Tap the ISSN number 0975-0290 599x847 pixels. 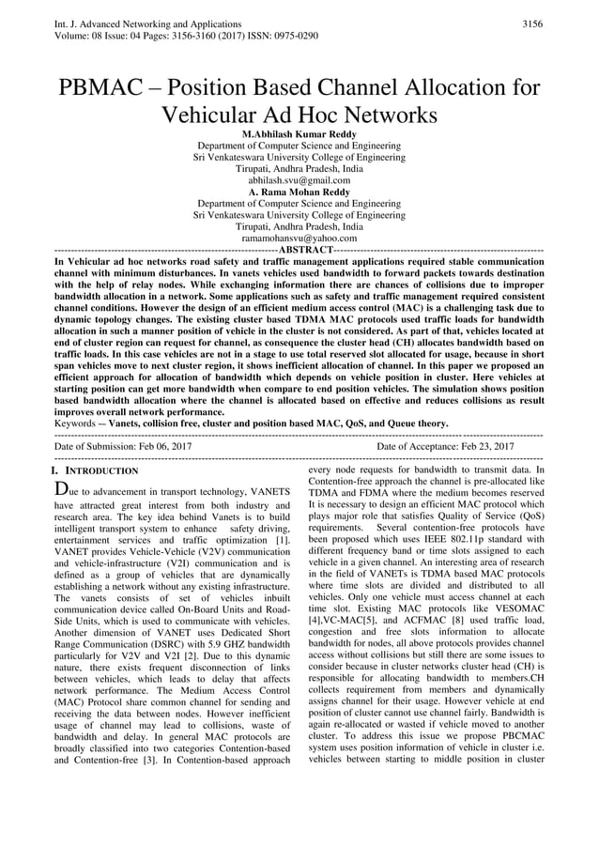click(x=294, y=35)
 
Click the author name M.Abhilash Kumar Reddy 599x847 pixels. click(x=299, y=134)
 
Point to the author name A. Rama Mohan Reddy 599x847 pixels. click(x=299, y=192)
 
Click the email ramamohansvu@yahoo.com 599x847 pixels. click(x=299, y=238)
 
